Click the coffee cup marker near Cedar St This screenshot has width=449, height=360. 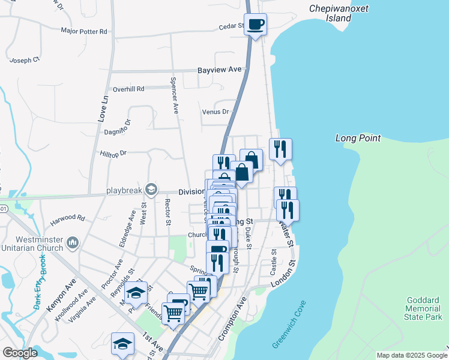click(x=256, y=25)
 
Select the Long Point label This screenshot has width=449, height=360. click(x=358, y=139)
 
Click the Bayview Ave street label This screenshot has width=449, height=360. click(x=219, y=70)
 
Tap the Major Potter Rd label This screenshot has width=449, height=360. click(x=83, y=31)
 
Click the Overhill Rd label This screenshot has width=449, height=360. click(x=128, y=89)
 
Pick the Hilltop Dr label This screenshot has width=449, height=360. click(x=114, y=154)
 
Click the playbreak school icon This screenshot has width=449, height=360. click(x=151, y=190)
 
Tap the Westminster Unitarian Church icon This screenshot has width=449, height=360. click(x=73, y=243)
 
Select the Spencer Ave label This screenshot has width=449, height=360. click(x=175, y=95)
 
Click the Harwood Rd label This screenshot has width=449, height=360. click(x=67, y=217)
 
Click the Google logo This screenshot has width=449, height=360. click(x=20, y=353)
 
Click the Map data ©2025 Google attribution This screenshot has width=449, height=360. click(x=412, y=355)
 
